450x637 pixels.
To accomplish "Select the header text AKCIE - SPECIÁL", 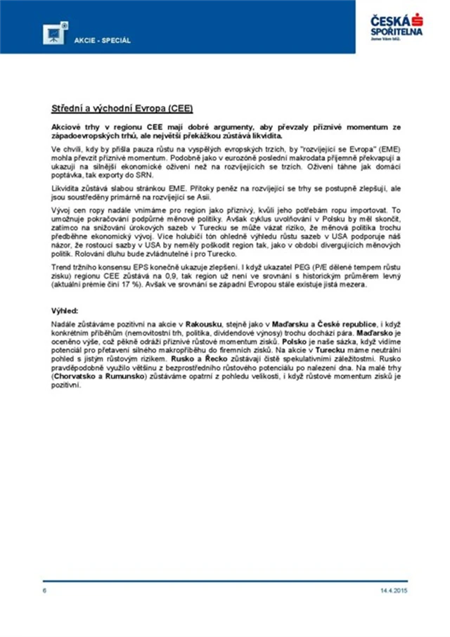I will point(103,40).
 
